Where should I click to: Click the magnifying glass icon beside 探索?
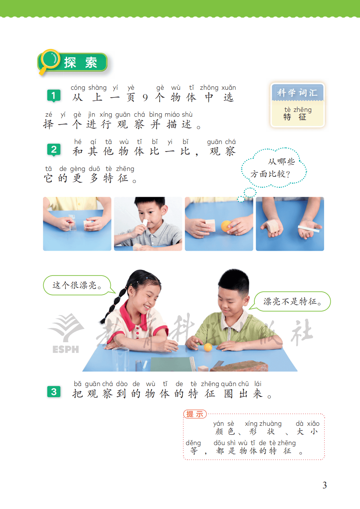point(49,60)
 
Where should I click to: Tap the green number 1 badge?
point(53,96)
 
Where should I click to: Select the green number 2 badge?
point(53,150)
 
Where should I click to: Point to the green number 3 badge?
point(53,392)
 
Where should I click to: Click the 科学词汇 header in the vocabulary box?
point(297,93)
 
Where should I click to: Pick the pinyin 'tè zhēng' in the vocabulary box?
point(298,109)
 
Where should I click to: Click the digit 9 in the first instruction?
point(145,98)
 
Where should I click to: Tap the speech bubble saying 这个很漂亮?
point(77,285)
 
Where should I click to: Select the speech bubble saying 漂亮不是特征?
point(291,301)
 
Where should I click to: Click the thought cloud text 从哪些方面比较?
point(274,168)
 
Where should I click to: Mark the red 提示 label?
point(195,414)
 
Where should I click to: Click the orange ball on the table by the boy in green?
point(208,347)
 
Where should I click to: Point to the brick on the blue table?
point(239,366)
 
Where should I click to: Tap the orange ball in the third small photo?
point(226,226)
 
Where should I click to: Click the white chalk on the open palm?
point(309,229)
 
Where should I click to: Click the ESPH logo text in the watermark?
point(66,349)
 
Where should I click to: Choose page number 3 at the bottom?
point(324,485)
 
